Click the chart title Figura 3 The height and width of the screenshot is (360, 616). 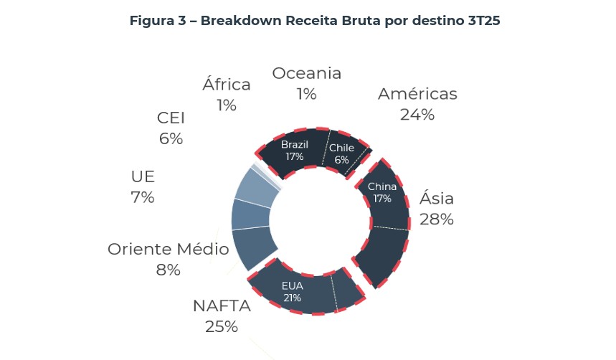[314, 21]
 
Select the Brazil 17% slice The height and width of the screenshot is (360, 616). [294, 151]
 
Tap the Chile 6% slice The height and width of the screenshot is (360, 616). [342, 153]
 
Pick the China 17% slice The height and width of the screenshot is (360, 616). [382, 192]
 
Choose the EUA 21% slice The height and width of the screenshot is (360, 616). [292, 292]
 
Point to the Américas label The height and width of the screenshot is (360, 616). [417, 94]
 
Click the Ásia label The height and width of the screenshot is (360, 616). [436, 199]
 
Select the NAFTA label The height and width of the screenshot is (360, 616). [222, 306]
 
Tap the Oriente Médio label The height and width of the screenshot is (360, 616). [168, 250]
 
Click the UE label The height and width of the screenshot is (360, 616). [143, 176]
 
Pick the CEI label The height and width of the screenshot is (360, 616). [171, 118]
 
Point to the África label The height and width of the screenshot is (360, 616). [227, 85]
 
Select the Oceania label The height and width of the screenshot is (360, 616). [306, 73]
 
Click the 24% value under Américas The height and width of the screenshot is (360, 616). [417, 114]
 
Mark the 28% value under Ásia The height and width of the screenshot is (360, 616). [436, 219]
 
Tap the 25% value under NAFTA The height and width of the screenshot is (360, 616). [221, 326]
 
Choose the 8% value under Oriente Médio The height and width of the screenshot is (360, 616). [168, 270]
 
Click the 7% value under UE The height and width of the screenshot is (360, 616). [143, 197]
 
